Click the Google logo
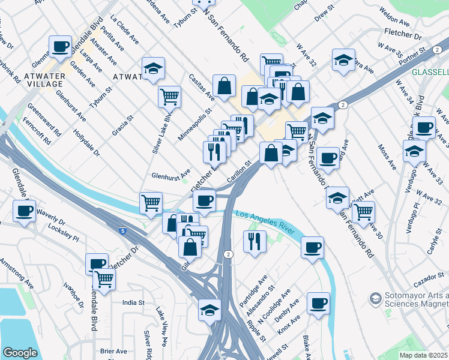pos(20,353)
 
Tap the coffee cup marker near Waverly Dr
pos(24,211)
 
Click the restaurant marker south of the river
pos(255,241)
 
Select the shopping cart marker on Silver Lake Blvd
pos(169,96)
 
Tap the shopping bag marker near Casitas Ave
pos(224,85)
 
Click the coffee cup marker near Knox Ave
pos(318,302)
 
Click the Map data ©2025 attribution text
pos(423,355)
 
